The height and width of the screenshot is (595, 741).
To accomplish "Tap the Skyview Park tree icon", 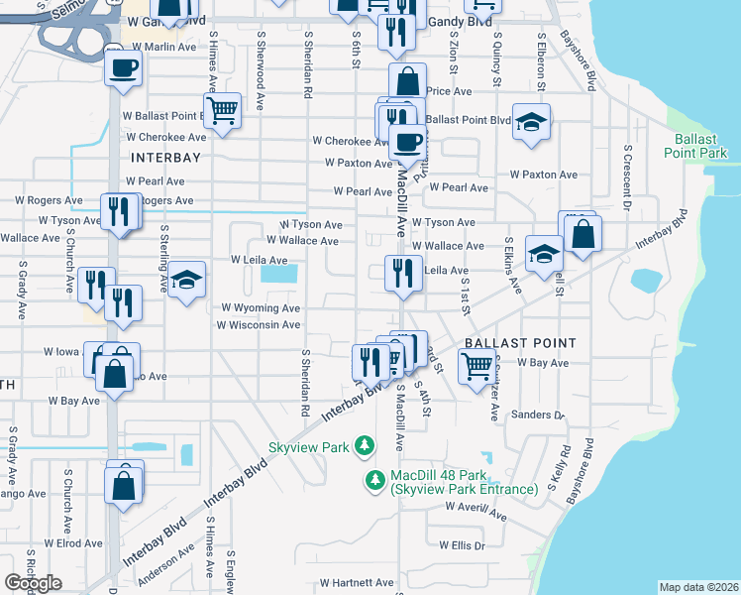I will click(365, 447).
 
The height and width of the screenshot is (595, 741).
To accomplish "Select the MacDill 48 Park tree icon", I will click(375, 481).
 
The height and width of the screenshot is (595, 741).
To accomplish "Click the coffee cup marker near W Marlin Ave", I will click(123, 67).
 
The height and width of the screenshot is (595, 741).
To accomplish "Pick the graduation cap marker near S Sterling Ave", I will click(185, 281).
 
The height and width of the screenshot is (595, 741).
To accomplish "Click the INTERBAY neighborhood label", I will click(166, 157).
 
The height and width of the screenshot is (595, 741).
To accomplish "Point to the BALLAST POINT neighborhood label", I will click(519, 342).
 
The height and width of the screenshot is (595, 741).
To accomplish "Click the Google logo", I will click(33, 582).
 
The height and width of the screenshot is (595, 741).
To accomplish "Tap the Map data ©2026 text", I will click(697, 587).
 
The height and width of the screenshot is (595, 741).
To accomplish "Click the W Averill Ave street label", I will click(476, 512).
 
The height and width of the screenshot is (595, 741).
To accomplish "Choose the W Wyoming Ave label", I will click(260, 308).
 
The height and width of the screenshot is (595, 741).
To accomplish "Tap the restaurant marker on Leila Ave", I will click(402, 273).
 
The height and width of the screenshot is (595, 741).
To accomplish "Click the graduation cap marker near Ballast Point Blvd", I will click(532, 122).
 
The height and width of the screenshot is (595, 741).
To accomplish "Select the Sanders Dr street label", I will click(539, 415).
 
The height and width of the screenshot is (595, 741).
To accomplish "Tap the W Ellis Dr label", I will click(463, 545).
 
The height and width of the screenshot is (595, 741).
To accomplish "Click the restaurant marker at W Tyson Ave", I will click(119, 212).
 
